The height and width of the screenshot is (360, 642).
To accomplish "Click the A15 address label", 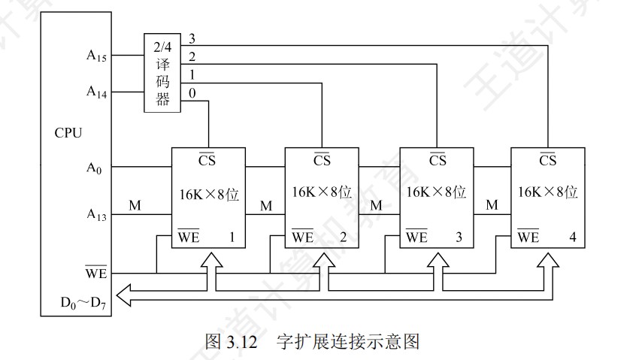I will pos(96,55).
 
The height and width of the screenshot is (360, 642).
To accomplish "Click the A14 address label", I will pos(96,92).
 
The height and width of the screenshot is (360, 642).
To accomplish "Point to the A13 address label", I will pos(96,215).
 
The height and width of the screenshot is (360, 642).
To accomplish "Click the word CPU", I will pos(68,133).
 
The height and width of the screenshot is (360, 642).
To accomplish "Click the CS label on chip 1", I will pos(207,160).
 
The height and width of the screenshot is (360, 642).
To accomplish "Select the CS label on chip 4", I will pos(547,160).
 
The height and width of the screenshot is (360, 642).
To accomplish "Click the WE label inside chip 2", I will pos(301,237).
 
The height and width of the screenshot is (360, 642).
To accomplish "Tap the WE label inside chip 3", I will pos(416,237).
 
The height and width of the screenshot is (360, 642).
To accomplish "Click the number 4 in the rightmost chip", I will pos(572,237).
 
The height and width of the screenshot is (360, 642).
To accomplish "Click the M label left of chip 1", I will pos(135,204).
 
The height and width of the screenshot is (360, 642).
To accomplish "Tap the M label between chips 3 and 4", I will pos(492,204).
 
